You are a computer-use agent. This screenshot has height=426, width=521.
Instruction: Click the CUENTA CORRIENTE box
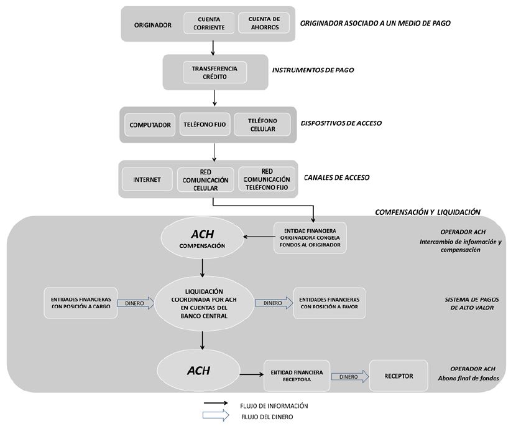tap(209, 23)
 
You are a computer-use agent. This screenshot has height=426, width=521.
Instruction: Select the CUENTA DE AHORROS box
tap(260, 23)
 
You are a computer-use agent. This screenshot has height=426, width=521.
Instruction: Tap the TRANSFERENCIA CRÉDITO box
tap(214, 73)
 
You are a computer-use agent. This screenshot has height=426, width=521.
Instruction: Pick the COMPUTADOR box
tap(150, 125)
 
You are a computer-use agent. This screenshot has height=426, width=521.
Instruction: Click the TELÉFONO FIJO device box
tap(205, 125)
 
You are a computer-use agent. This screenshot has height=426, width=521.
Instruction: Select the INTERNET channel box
tap(147, 179)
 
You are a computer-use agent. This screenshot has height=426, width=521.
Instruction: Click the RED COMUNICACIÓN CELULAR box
tap(205, 179)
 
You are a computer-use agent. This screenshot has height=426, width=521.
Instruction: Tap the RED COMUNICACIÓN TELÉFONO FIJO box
tap(267, 179)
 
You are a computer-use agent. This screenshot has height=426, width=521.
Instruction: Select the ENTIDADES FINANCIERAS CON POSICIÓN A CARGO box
tap(81, 303)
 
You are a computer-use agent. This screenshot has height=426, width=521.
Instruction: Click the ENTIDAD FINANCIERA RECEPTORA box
tap(296, 376)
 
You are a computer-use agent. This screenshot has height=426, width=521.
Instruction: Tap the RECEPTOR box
tap(399, 376)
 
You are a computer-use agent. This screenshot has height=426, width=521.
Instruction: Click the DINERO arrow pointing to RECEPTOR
tap(349, 376)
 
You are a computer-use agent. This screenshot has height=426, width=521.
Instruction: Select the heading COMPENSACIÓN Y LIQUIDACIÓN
tap(428, 212)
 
